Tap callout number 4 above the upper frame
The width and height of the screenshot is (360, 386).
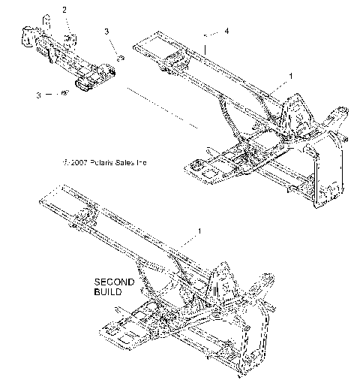tap(227, 31)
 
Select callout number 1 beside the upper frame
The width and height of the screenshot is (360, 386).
tap(291, 76)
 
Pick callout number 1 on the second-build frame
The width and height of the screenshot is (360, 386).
tap(199, 231)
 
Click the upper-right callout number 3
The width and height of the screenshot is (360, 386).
tap(106, 32)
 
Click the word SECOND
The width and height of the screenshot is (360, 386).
tap(114, 282)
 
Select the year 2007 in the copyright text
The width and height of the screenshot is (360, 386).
tap(77, 161)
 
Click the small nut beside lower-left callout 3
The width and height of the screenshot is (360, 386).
tap(65, 93)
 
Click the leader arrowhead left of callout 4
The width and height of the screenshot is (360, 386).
tap(207, 34)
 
